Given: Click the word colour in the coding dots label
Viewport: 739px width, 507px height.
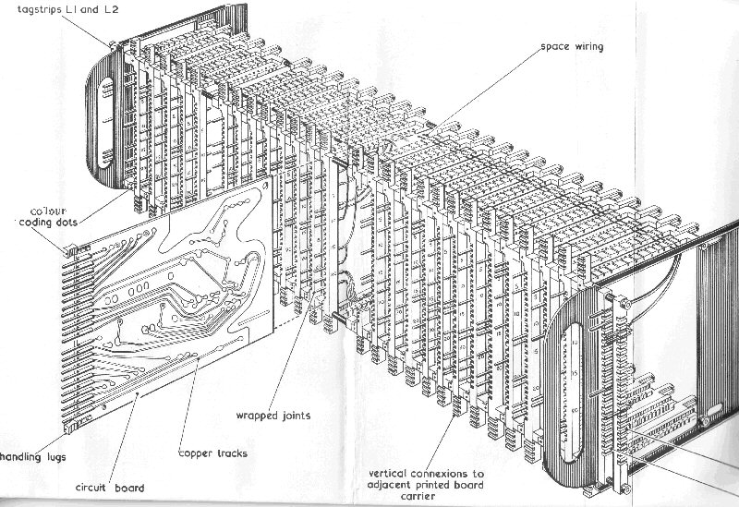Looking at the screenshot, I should pos(42,208).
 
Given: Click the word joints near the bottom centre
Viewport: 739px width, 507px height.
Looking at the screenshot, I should pos(297,416).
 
